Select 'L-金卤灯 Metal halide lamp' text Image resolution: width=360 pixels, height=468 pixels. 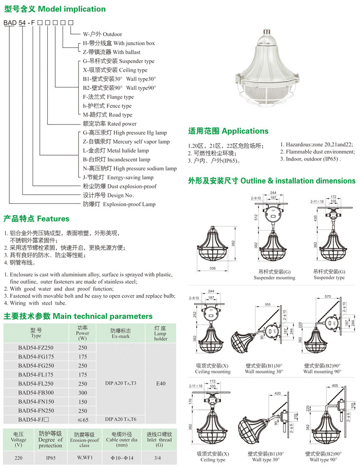click(x=115, y=151)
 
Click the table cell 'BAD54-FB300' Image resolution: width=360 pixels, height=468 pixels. click(x=36, y=392)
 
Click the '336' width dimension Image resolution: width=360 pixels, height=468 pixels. click(x=213, y=268)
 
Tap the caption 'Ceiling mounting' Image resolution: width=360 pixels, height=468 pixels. click(x=213, y=372)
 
